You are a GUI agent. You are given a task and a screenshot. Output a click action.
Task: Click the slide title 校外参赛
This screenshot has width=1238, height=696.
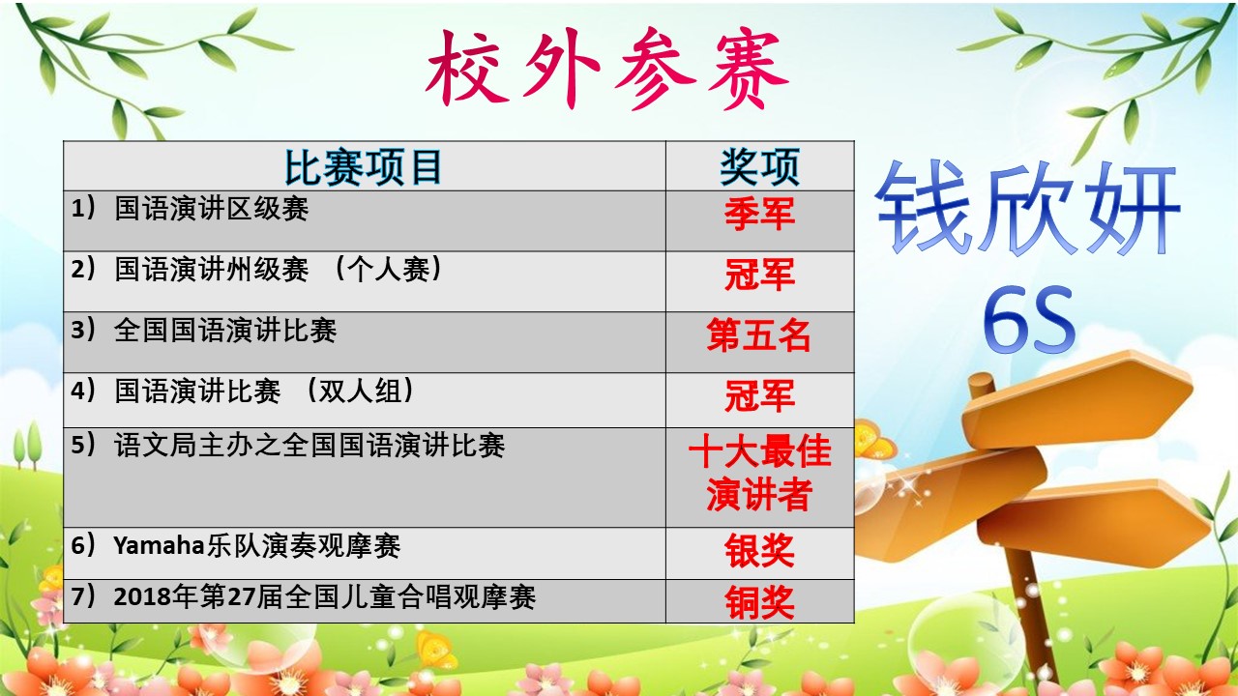606,69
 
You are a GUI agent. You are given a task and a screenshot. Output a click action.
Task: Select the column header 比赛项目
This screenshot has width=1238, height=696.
363,167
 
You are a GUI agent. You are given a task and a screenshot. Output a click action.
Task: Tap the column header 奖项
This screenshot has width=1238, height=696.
759,167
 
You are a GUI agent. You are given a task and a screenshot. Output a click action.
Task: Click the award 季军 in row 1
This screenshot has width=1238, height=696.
759,214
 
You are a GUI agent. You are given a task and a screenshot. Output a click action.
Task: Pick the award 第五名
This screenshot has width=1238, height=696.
758,334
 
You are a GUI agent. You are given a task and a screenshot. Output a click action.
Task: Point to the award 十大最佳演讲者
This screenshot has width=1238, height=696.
759,473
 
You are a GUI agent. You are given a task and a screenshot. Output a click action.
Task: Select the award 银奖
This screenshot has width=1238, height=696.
759,550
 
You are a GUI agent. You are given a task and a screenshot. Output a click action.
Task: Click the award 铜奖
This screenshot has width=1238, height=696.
759,602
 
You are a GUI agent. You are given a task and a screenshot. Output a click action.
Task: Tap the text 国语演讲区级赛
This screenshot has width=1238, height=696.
211,209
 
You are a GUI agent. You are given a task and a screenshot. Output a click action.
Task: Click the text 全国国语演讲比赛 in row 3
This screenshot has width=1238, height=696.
225,331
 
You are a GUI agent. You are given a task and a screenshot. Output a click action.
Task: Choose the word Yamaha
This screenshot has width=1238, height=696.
160,546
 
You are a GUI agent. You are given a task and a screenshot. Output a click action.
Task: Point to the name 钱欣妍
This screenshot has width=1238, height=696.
1027,208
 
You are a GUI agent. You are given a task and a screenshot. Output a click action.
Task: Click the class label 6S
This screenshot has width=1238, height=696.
1029,320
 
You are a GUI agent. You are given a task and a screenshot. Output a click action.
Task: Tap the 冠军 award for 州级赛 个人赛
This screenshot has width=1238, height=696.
759,275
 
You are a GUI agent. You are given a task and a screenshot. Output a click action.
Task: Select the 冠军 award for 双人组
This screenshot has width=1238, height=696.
759,395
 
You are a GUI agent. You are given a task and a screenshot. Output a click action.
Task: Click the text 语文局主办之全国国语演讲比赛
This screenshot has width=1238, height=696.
309,446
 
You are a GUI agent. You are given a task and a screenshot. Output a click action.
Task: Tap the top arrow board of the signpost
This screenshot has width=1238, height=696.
1077,400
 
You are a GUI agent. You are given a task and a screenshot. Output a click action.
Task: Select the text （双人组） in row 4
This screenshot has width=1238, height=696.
359,391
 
